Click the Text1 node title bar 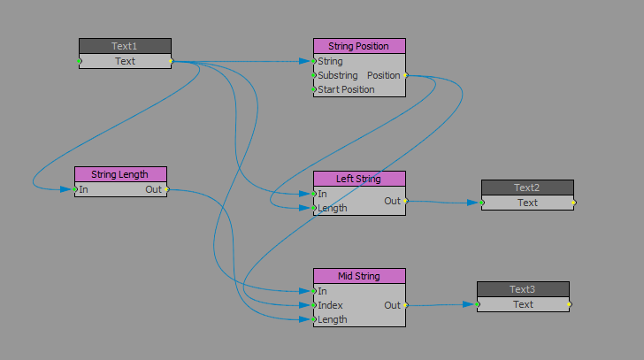pos(125,46)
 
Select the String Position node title pos(358,46)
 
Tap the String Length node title pos(120,174)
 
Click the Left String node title pos(358,179)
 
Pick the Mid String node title pos(358,276)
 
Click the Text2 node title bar pos(527,188)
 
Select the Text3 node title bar pos(523,289)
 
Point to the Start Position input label pos(358,89)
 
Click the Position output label pos(384,75)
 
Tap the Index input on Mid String pos(330,305)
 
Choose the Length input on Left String pos(332,208)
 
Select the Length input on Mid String pos(332,319)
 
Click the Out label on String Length pos(153,189)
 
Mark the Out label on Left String pos(392,201)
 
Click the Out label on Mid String pos(392,305)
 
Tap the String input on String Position pos(330,61)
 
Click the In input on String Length pos(83,189)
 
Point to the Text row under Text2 pos(527,203)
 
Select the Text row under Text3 pos(523,304)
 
